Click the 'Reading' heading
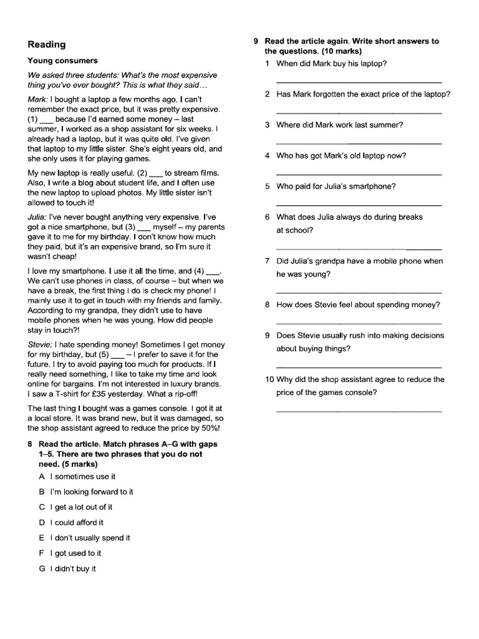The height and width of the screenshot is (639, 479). tap(47, 44)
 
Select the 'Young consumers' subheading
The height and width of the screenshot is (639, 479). tap(62, 61)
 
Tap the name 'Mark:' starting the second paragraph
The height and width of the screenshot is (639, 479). tap(38, 99)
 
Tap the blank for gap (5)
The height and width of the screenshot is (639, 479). tap(117, 354)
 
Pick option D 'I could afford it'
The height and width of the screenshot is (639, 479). tap(76, 522)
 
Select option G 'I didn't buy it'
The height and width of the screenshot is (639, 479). tap(73, 568)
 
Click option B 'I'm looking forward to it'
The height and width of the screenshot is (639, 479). tap(91, 492)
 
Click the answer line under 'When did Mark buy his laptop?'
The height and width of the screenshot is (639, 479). tap(359, 82)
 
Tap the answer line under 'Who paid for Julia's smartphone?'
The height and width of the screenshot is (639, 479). tap(359, 205)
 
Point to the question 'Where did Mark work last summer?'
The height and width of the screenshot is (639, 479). tap(339, 125)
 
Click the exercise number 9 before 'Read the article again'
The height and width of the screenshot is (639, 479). tap(256, 41)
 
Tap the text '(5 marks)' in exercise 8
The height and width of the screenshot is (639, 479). tap(81, 464)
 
